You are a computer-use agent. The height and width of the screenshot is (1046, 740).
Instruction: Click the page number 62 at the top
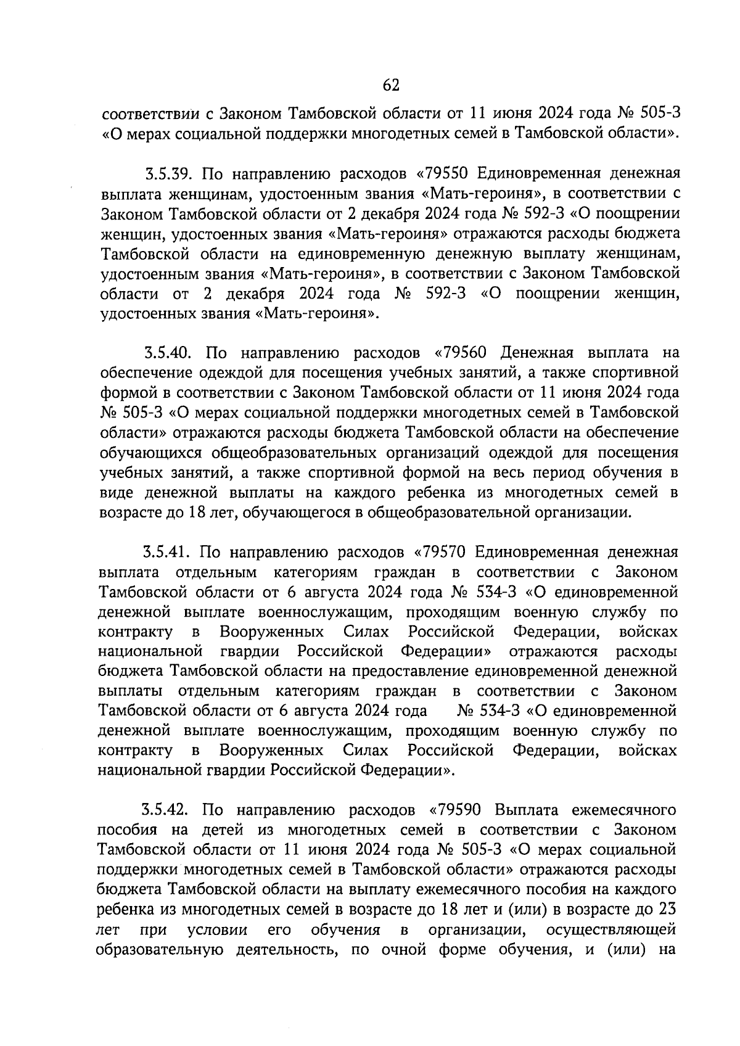[x=391, y=84]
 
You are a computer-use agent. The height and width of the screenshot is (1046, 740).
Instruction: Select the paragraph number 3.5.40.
[x=170, y=353]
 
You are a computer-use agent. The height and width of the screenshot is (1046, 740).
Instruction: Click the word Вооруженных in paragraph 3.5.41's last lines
[x=272, y=751]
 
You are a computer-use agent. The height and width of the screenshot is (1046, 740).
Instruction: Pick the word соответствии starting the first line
[x=149, y=113]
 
